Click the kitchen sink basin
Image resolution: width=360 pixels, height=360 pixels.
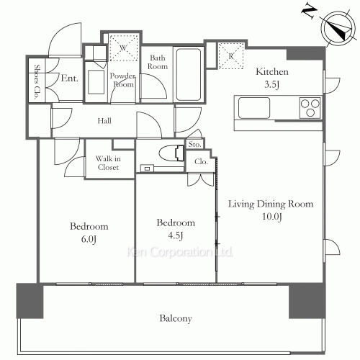point(254,108)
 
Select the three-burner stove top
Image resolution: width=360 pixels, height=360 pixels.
point(310,108)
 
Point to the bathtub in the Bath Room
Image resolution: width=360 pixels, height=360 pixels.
point(189,75)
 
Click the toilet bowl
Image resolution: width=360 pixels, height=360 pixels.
point(171,153)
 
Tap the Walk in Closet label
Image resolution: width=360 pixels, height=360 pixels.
point(108,163)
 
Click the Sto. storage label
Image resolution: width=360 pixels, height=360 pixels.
point(194,144)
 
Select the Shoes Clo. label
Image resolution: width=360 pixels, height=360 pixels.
point(37,81)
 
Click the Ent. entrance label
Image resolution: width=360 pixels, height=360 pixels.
point(70,78)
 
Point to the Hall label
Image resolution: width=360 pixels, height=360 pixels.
point(104,120)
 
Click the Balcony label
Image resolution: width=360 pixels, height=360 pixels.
point(176,318)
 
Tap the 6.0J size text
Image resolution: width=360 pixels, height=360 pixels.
point(89,239)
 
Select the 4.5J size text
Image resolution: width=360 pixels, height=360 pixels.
point(176,235)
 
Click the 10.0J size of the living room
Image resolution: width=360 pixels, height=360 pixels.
point(271,217)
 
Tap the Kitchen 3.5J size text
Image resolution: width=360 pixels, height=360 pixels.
point(271,84)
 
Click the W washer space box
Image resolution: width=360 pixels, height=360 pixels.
point(124,48)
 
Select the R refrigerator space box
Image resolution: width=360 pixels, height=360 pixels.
point(231,56)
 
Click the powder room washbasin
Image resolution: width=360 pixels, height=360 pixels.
point(96,82)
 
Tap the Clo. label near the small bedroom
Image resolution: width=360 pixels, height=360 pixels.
point(201,162)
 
